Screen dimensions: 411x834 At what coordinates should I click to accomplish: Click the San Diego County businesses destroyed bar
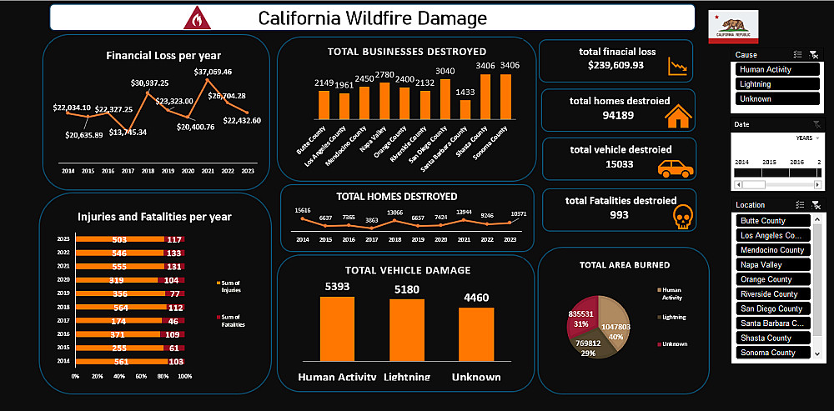pyautogui.click(x=445, y=99)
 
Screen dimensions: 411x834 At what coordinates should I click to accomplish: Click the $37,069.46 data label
pyautogui.click(x=213, y=72)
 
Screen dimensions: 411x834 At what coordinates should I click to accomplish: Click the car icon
pyautogui.click(x=676, y=168)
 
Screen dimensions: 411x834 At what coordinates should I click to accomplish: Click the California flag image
pyautogui.click(x=733, y=27)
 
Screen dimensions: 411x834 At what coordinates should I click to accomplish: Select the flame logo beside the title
pyautogui.click(x=196, y=18)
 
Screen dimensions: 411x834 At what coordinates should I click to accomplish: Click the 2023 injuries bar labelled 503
pyautogui.click(x=120, y=239)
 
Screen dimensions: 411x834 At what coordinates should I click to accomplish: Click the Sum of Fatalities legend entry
pyautogui.click(x=229, y=319)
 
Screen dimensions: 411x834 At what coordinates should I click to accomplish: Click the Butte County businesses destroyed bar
pyautogui.click(x=324, y=105)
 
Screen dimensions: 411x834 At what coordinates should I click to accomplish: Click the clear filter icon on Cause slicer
pyautogui.click(x=814, y=55)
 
